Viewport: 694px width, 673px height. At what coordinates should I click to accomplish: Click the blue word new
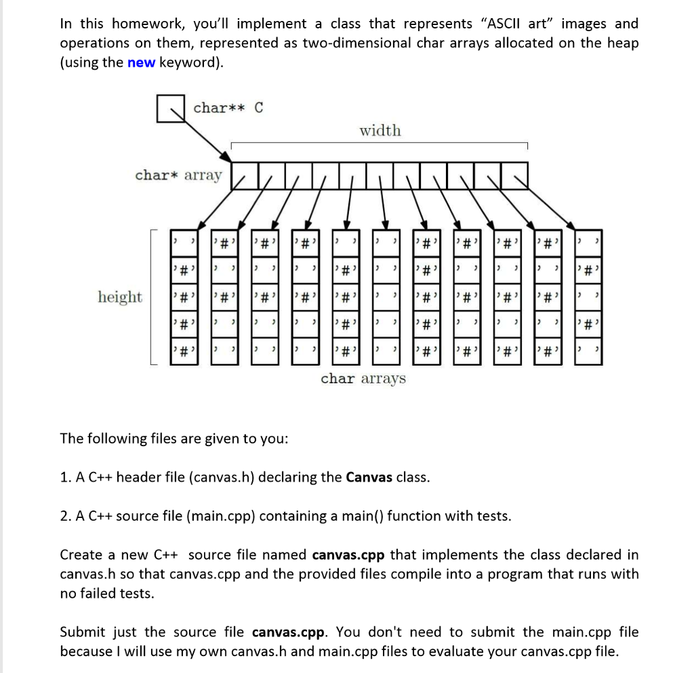pos(141,63)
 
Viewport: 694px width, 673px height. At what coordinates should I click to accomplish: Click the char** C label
pos(228,108)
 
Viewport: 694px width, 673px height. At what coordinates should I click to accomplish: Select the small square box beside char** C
pos(171,109)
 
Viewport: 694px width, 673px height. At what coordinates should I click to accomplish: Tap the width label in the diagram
pos(380,130)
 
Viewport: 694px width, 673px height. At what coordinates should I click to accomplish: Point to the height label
pos(120,297)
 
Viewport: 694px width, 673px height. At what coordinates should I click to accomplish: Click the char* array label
pos(178,175)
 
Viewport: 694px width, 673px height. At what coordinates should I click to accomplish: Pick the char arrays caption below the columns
pos(363,378)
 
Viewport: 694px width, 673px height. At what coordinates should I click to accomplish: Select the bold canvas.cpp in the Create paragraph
pos(348,555)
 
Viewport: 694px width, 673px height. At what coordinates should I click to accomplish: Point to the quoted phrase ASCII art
pos(520,24)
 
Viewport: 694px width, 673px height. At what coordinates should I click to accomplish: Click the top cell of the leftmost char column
pos(183,241)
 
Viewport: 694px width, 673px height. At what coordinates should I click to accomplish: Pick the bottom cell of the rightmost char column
pos(587,353)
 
